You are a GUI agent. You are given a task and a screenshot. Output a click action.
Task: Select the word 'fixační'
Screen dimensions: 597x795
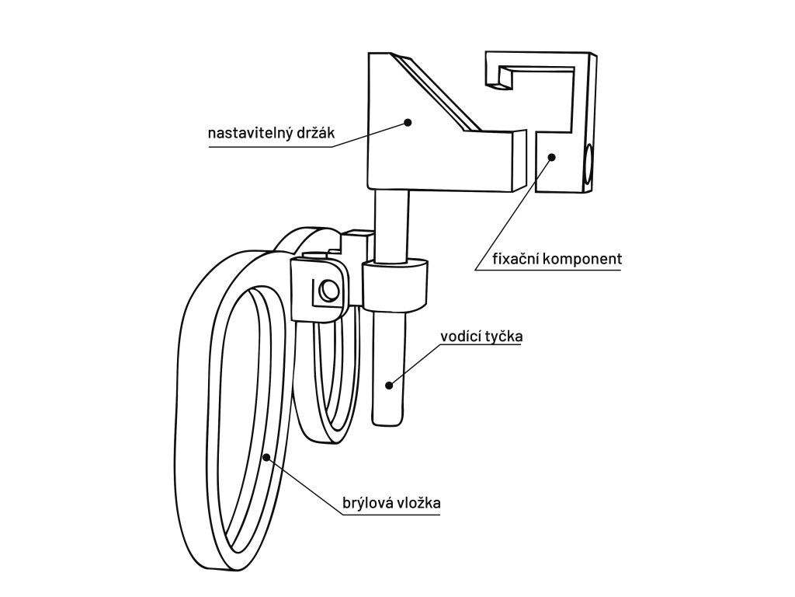click(x=516, y=259)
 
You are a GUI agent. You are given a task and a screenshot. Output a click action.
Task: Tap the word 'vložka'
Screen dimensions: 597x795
click(x=419, y=503)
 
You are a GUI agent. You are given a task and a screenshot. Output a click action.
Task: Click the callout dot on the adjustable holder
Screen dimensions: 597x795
click(x=406, y=121)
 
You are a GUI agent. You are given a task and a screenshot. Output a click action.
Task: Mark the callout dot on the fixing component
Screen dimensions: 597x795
click(x=552, y=157)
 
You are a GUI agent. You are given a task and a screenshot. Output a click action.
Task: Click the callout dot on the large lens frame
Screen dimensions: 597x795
click(x=266, y=457)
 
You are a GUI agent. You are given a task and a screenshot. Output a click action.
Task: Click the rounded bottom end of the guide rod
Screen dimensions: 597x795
click(x=388, y=420)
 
